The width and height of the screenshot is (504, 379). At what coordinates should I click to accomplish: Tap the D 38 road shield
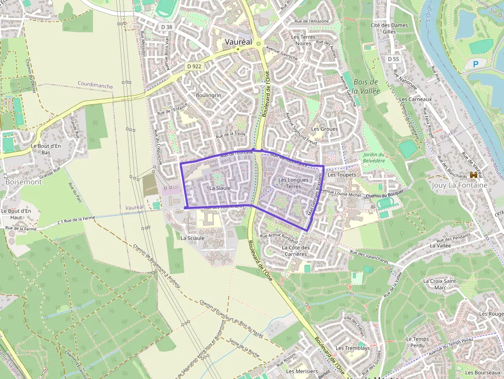coord(166,27)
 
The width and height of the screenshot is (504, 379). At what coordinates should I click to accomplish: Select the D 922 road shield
coord(194,66)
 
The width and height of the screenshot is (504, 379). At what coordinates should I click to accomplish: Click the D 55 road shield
coord(393,59)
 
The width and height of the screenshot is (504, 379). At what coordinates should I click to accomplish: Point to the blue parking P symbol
coord(475,64)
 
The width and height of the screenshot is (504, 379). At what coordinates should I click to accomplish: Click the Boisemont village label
coord(23,182)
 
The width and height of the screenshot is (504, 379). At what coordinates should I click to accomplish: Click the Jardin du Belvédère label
coord(373,157)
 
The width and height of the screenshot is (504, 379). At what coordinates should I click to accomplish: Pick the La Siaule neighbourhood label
coord(220,188)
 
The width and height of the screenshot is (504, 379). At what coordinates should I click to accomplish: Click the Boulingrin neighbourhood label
coord(208,96)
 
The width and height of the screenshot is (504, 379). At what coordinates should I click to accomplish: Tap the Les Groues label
coord(325,129)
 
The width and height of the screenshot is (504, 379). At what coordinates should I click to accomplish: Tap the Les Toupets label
coord(341,175)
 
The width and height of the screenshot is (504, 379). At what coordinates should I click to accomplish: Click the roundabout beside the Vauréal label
coord(258,44)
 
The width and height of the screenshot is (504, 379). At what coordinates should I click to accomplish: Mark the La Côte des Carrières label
coord(295,250)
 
